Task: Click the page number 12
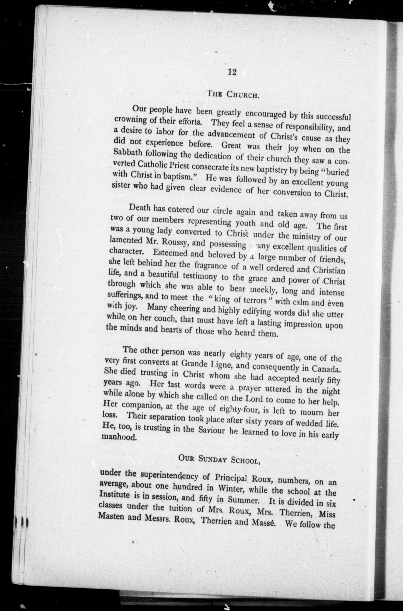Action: coord(232,72)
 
